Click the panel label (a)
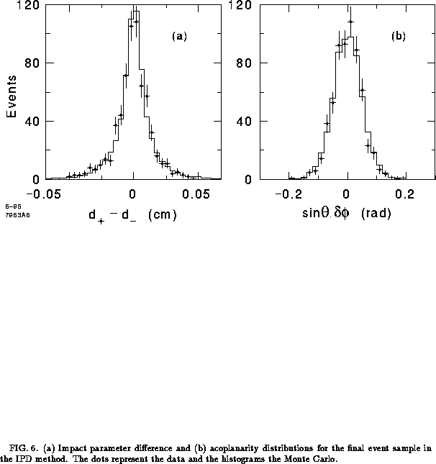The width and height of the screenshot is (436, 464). [179, 36]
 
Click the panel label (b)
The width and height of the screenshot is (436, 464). [398, 36]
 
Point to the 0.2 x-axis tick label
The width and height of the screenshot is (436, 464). [407, 194]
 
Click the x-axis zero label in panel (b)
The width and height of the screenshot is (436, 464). [347, 194]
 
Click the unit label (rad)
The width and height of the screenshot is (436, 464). [375, 214]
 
